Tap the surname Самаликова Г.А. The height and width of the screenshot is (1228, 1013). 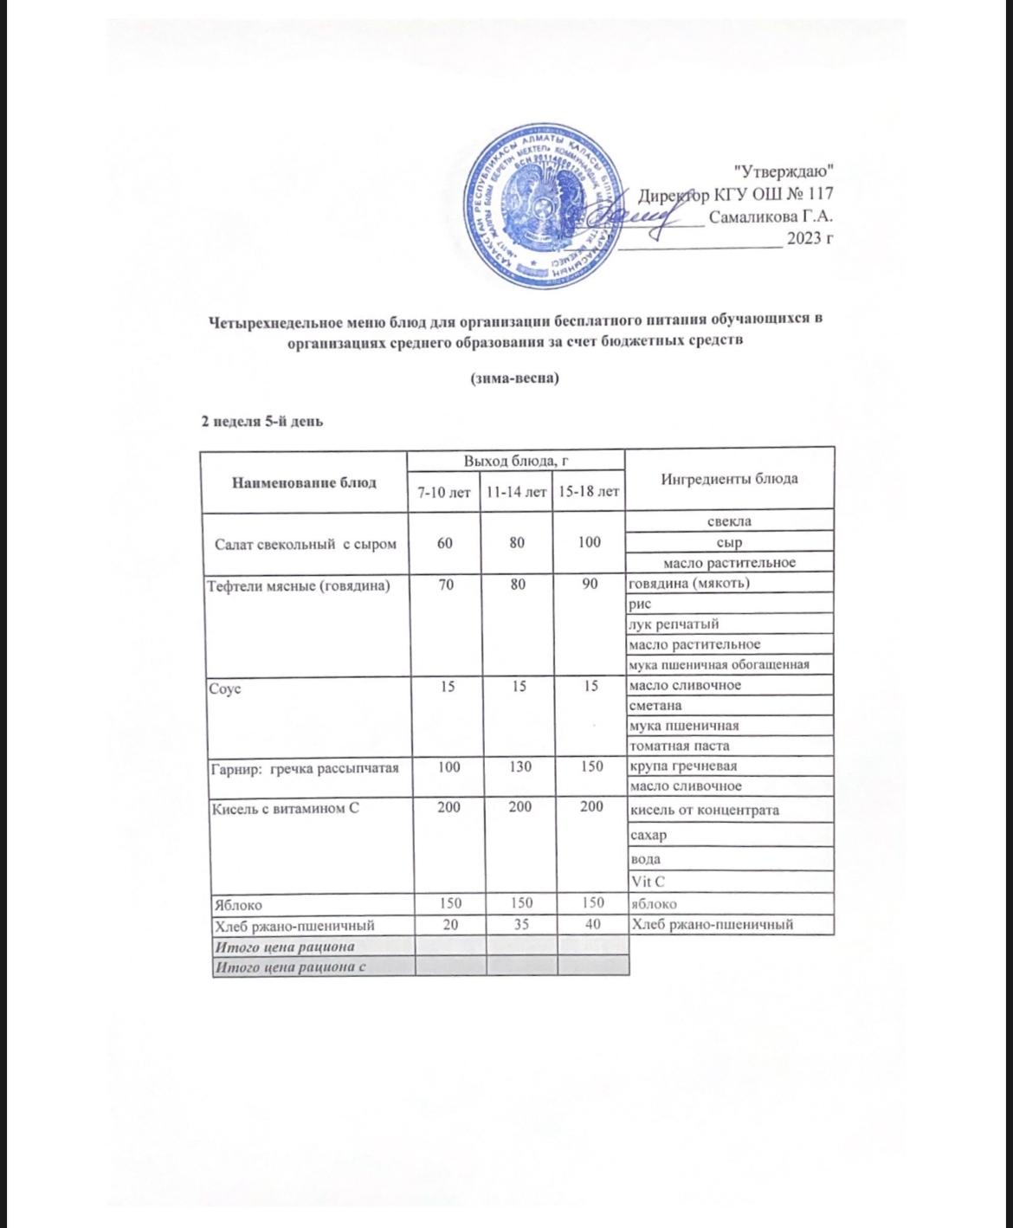771,217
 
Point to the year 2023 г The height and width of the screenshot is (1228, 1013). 810,239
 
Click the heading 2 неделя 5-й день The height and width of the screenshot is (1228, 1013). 262,422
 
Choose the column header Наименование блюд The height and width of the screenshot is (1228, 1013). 304,482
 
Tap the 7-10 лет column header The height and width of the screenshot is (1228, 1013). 444,493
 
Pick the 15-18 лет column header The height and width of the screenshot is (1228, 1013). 589,493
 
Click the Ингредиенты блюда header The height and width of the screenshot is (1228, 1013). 729,479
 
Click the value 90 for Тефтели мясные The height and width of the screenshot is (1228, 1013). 590,584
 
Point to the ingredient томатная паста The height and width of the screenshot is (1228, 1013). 680,746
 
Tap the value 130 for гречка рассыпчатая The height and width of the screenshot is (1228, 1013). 517,766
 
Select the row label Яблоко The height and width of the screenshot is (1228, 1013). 233,904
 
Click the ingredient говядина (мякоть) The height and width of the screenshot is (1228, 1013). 689,583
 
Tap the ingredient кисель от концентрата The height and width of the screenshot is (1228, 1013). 704,810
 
